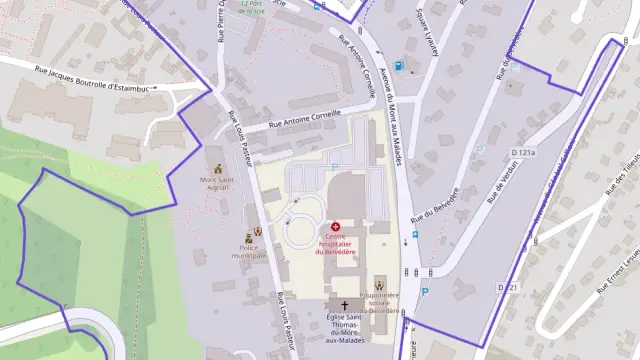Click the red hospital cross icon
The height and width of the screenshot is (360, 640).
tap(335, 227)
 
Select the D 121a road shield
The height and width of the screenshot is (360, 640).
tap(523, 152)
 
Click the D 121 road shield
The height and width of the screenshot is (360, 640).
tap(511, 287)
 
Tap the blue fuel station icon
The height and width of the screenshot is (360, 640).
tap(399, 67)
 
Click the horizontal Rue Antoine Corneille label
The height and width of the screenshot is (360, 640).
tap(305, 121)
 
